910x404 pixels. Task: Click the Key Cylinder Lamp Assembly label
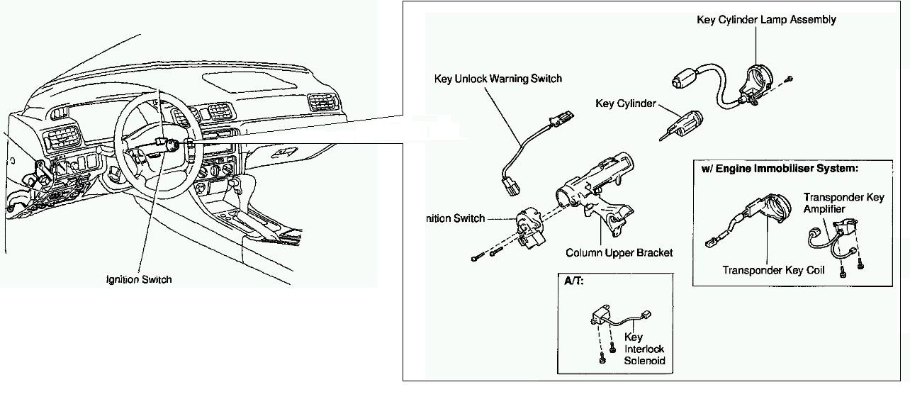point(766,20)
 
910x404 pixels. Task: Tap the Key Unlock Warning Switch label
point(498,79)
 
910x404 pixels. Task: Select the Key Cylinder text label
point(625,104)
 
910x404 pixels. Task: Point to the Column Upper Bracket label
point(619,253)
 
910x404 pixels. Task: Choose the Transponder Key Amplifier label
point(843,203)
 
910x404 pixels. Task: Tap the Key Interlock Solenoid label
point(645,349)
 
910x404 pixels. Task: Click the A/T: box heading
point(573,281)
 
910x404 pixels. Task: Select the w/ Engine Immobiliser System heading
point(780,169)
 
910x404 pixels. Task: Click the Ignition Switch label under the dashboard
point(139,279)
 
